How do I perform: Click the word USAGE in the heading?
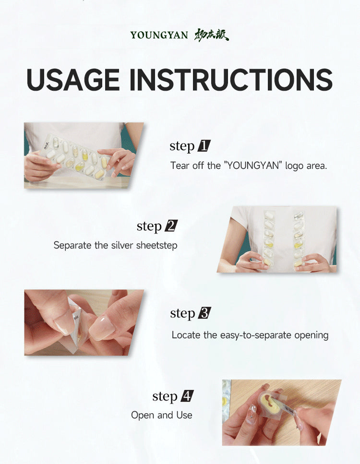point(73,80)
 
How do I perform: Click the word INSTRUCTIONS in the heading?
point(231,80)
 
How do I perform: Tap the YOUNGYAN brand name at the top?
point(159,35)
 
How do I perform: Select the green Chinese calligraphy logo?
point(211,35)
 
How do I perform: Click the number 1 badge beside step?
point(204,146)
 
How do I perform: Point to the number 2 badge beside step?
point(171,226)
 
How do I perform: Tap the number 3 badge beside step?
point(204,313)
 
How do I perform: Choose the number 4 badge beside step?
point(187,396)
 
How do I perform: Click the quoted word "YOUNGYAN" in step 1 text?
point(252,166)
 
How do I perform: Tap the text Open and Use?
point(162,415)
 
